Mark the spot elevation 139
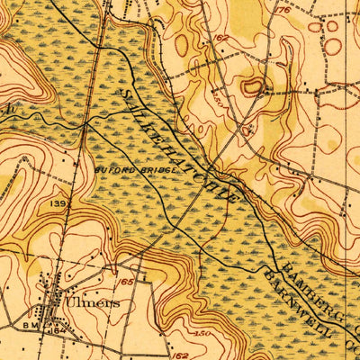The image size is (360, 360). [x=59, y=205]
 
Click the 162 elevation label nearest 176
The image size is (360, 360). [x=220, y=39]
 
